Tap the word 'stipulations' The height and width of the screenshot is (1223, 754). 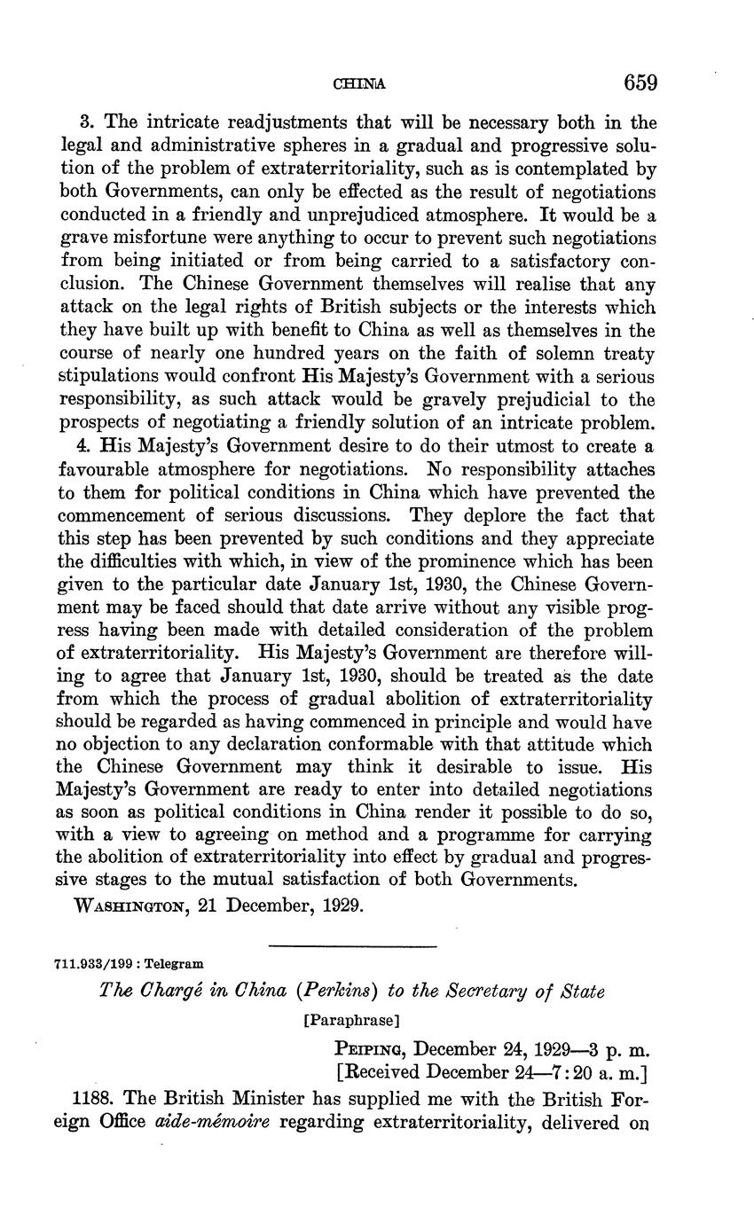coord(112,377)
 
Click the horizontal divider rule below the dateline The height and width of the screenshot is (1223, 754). coord(352,947)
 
